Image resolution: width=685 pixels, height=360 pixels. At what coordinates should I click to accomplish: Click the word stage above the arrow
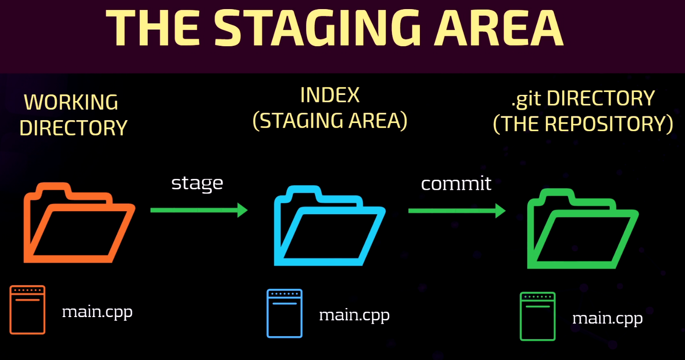tap(197, 184)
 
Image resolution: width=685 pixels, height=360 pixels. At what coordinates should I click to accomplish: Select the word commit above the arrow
tap(456, 184)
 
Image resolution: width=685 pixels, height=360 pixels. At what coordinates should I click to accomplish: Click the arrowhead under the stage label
tap(243, 210)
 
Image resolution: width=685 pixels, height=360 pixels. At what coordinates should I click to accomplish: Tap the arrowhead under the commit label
tap(501, 211)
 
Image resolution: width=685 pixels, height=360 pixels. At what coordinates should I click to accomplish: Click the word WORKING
tap(71, 102)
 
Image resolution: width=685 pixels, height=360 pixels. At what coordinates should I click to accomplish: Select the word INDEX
tap(330, 95)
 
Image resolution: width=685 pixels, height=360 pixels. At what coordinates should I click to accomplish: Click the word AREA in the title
tap(499, 28)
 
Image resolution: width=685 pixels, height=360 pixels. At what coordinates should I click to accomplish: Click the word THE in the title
tap(153, 28)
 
